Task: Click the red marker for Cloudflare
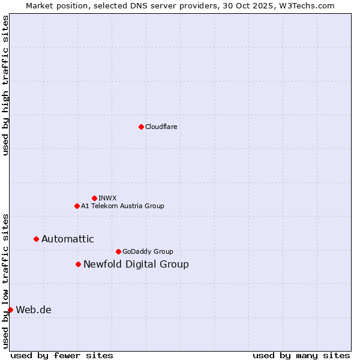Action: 141,127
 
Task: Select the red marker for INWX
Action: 94,198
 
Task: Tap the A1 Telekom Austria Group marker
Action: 77,206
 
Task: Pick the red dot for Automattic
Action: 36,239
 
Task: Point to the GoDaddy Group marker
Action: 118,251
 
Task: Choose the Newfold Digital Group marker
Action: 78,264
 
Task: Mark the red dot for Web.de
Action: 10,310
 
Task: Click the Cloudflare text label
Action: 161,127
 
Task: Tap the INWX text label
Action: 107,198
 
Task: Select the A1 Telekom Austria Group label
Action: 122,206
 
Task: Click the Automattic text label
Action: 68,239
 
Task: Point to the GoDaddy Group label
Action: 148,251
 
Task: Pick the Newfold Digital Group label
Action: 136,264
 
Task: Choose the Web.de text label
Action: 34,310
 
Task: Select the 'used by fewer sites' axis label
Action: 62,355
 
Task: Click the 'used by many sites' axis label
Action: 301,355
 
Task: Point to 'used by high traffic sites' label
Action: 5,85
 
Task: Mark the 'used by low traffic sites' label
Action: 5,280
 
